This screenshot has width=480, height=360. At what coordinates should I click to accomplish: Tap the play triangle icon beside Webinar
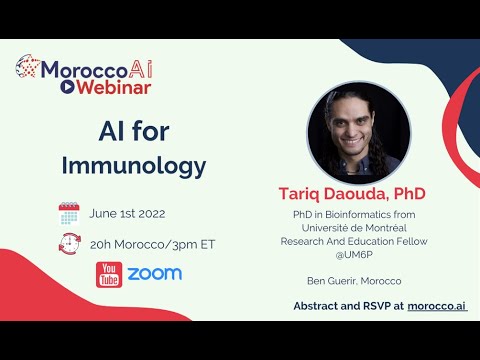tap(67, 87)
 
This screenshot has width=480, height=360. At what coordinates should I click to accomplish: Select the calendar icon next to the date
tap(69, 213)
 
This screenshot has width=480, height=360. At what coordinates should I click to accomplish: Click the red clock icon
tap(69, 243)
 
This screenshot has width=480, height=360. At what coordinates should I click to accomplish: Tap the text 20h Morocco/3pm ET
tap(152, 243)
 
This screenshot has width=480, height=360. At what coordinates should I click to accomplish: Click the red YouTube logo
tap(108, 273)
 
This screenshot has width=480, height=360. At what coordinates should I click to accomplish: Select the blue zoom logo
tap(154, 273)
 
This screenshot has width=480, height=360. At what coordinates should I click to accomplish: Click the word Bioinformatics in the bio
tap(365, 213)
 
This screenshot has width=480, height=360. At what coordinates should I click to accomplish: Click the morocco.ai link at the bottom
tap(436, 305)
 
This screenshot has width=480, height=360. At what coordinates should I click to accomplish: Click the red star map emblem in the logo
tap(27, 69)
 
